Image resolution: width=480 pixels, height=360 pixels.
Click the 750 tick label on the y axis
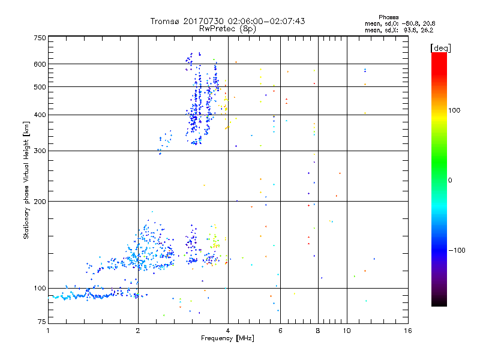(40, 38)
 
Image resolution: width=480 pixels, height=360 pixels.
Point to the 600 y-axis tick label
(40, 64)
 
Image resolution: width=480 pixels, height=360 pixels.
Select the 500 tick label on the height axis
(40, 87)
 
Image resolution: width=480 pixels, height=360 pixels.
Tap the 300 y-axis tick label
(40, 151)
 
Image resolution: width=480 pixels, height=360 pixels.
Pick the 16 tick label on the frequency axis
(408, 331)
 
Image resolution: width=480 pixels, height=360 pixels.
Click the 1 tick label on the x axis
(48, 331)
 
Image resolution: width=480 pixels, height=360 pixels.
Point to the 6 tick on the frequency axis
(280, 331)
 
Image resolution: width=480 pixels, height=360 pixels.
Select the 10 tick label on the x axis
(346, 331)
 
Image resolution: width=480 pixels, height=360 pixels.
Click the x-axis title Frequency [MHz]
(227, 338)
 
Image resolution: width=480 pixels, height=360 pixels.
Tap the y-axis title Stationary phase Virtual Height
(26, 180)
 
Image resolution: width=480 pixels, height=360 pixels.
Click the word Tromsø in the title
(164, 21)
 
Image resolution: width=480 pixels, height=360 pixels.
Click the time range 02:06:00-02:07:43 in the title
(263, 21)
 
